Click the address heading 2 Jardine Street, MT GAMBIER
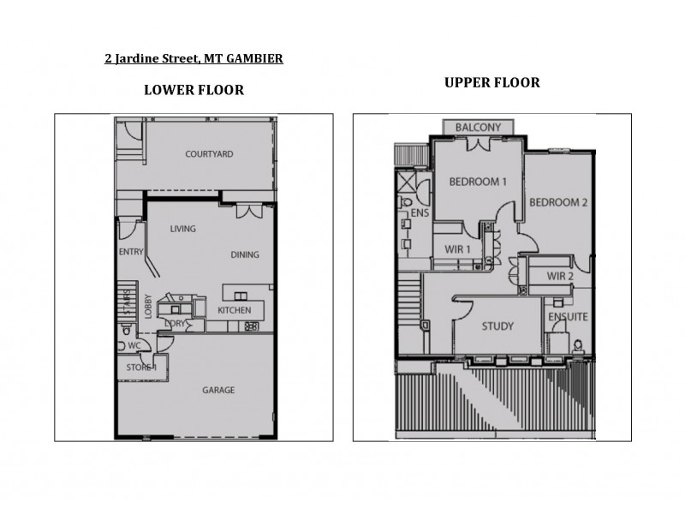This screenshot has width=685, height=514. pos(194,59)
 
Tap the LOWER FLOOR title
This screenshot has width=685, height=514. pos(194,89)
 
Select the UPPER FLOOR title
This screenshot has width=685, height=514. pos(491,83)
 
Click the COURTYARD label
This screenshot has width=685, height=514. pos(209,154)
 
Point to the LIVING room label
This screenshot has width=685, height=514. pos(182,229)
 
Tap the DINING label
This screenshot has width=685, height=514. pos(245,254)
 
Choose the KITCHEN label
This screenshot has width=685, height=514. pos(234,310)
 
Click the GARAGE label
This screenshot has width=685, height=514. pos(218,390)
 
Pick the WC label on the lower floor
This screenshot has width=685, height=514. pos(134,346)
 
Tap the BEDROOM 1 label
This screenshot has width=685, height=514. pos(478,182)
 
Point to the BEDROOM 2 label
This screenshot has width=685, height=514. pos(557,203)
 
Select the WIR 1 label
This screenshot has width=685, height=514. pos(459,248)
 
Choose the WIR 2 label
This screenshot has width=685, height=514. pos(560,276)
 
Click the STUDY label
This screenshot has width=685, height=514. pos(497,326)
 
